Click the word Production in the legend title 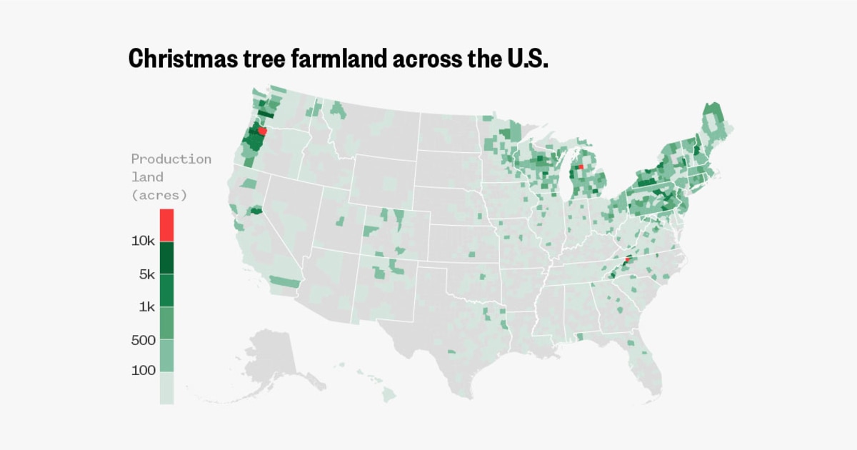tap(171, 159)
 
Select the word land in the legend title tap(147, 176)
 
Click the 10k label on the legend tap(143, 241)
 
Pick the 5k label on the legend tap(146, 274)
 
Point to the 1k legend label tap(146, 307)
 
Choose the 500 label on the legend tap(144, 340)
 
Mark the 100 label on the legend tap(144, 371)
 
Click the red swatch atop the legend tap(166, 225)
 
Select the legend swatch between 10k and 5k tap(166, 258)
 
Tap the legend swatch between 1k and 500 tap(166, 324)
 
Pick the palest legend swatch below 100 tap(166, 388)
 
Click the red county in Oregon tap(262, 131)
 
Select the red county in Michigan tap(581, 167)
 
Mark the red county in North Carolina tap(627, 260)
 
